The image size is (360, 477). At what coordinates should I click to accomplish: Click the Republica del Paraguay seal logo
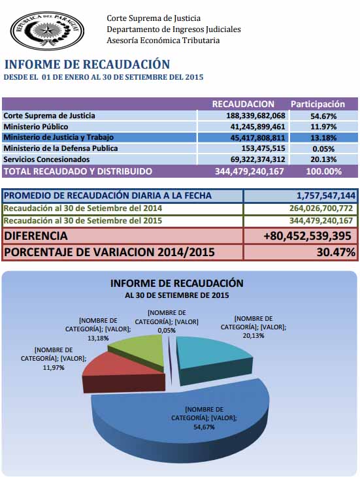pos(47,31)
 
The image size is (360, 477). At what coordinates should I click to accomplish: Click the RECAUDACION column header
pos(243,104)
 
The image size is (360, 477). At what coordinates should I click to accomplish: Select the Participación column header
pos(318,104)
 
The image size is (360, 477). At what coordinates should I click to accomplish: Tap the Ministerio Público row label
pos(36,127)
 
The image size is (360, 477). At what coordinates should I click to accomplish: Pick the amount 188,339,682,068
pos(255,116)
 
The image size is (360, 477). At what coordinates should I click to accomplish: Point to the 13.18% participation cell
pos(323,138)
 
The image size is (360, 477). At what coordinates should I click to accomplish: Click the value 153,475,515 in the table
pos(263,148)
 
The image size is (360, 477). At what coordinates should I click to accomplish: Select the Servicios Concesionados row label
pos(46,159)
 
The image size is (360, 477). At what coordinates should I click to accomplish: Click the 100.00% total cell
pos(324,171)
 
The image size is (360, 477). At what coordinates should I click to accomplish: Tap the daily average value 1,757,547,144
pos(326,195)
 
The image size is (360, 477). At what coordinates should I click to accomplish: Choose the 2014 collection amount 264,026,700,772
pos(321,208)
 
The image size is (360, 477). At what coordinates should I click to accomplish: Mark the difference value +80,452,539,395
pos(307,236)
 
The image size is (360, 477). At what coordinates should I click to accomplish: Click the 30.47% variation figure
pos(336,252)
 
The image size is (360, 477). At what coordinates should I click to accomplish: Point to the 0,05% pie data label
pos(167,331)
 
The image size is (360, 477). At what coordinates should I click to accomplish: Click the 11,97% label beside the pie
pos(54,368)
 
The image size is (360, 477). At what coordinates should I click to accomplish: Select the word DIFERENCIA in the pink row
pos(36,236)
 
